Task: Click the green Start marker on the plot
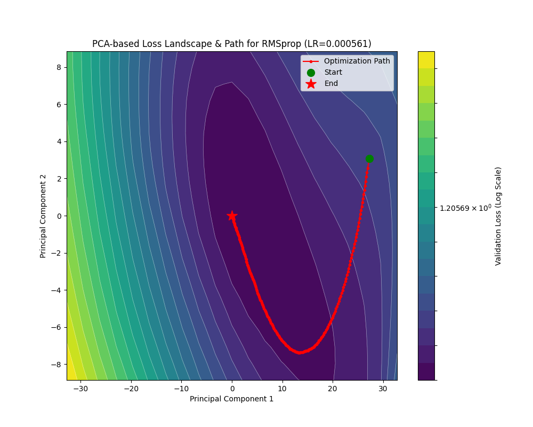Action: point(369,159)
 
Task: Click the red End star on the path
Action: point(232,216)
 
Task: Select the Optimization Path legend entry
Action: point(357,61)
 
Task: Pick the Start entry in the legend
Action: point(333,73)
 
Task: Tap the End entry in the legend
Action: point(331,84)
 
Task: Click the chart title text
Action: point(231,44)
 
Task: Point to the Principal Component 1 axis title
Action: point(231,399)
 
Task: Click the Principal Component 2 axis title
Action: point(43,216)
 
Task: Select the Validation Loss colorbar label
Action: point(498,216)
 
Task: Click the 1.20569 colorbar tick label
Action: point(465,208)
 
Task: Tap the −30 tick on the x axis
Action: point(80,389)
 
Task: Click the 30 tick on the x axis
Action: point(383,389)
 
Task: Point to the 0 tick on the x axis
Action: point(232,389)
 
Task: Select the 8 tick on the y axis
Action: point(58,67)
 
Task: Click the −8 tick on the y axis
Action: point(56,365)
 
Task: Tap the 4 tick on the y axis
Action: point(58,141)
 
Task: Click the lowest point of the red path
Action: point(300,352)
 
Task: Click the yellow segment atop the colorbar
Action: point(426,60)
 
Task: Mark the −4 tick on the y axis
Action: point(56,290)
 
